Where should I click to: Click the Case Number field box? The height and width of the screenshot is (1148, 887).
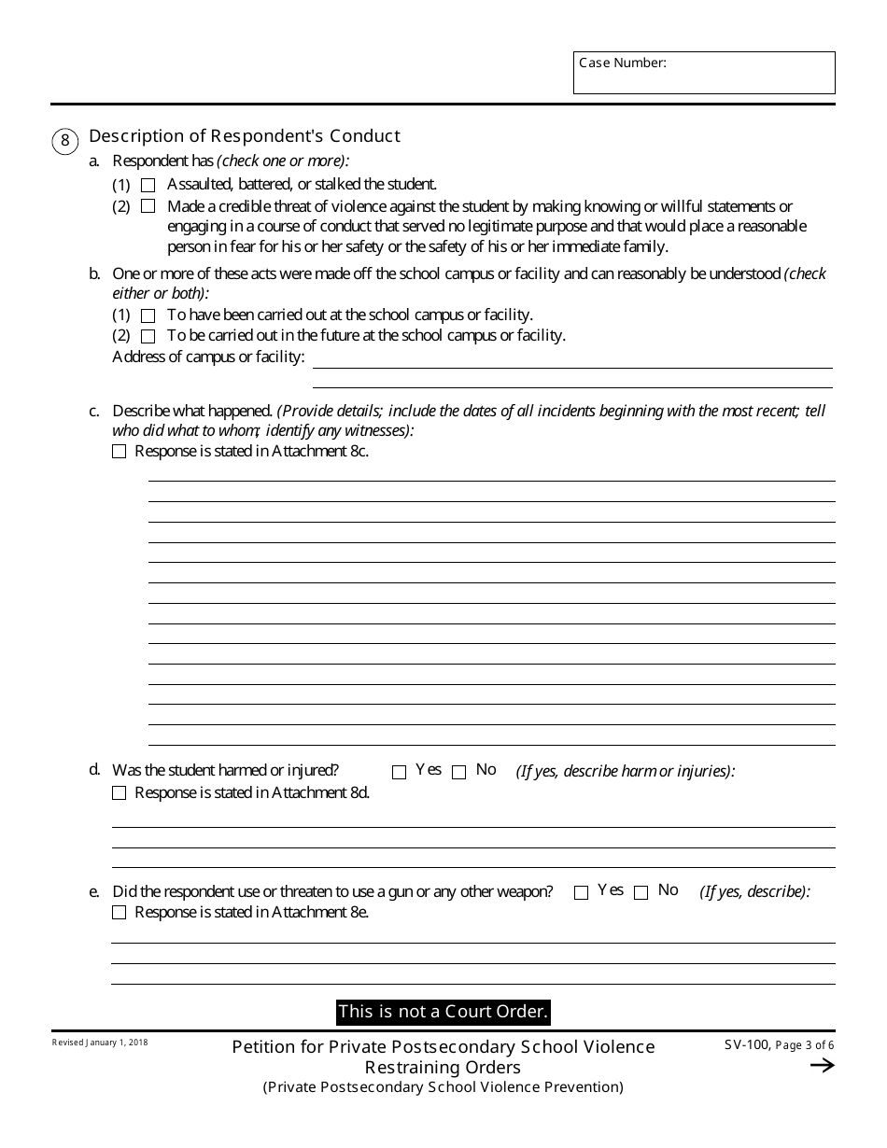point(704,73)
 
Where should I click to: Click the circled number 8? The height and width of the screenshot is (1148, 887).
point(64,141)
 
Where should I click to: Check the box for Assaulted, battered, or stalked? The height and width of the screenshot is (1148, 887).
point(148,186)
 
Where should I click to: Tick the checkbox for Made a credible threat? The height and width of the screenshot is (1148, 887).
point(148,206)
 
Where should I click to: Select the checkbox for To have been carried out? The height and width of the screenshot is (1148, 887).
point(148,315)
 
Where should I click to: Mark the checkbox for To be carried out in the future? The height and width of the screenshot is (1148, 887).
point(148,336)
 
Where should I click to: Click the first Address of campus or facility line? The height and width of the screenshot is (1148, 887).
point(571,359)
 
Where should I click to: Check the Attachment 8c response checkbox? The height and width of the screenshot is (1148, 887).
point(119,452)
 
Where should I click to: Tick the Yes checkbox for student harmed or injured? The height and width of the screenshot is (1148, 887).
point(399,772)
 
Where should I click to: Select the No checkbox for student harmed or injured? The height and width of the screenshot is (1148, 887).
point(458,772)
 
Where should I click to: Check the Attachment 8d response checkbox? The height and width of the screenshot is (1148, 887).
point(119,793)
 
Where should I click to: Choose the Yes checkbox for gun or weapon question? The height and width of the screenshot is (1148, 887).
point(581,892)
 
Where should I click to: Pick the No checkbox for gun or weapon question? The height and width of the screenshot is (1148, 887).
point(641,892)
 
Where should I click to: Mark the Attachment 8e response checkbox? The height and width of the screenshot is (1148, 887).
point(119,913)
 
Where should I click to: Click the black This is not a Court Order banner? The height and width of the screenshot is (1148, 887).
point(443,1012)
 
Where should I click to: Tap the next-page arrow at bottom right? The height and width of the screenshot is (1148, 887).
point(822,1066)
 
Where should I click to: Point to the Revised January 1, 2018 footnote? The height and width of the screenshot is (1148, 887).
point(100,1043)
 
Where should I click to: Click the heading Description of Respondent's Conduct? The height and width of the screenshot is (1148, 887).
point(244,136)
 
